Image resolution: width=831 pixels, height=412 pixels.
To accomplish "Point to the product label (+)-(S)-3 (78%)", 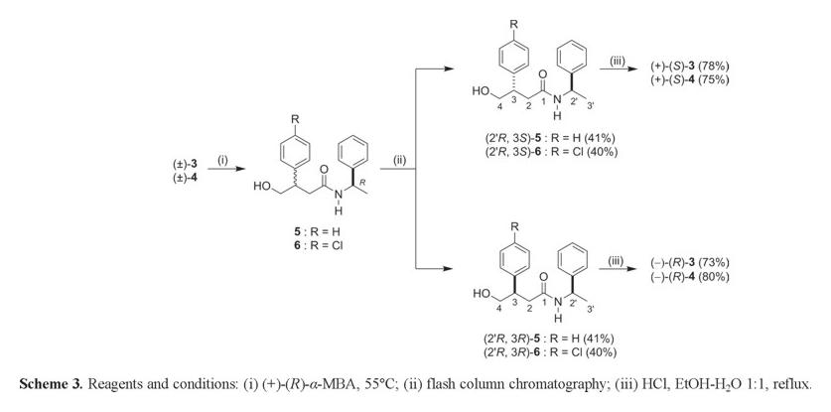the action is [701, 67].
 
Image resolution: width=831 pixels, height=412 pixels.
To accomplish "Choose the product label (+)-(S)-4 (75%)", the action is [701, 78].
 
